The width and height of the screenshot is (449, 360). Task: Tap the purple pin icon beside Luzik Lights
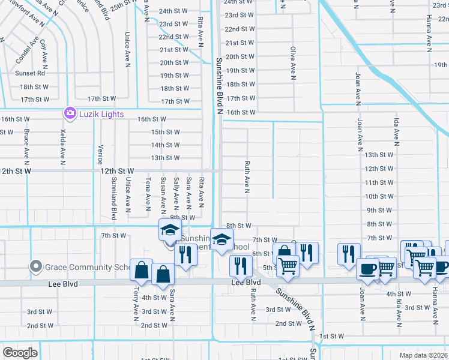click(x=70, y=113)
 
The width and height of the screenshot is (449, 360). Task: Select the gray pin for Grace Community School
click(x=36, y=266)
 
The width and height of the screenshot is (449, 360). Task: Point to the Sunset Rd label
click(x=33, y=73)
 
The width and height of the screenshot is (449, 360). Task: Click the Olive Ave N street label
click(x=293, y=64)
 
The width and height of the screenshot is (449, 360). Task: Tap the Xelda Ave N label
click(x=62, y=146)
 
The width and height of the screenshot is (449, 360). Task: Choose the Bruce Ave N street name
click(x=26, y=146)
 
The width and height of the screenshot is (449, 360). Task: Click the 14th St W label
click(x=165, y=145)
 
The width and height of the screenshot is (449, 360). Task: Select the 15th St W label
click(x=165, y=132)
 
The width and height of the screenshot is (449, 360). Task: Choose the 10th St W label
click(x=379, y=196)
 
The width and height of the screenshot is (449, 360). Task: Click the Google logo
click(x=20, y=353)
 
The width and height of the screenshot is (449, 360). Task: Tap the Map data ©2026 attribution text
click(x=424, y=355)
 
